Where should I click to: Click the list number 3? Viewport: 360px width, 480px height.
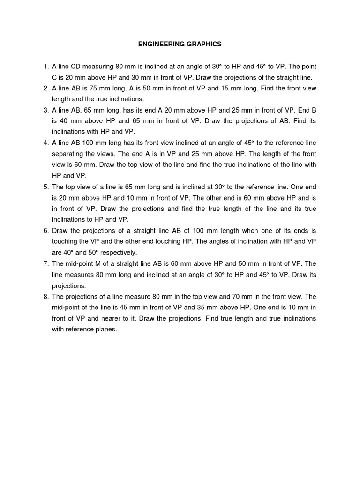(46, 110)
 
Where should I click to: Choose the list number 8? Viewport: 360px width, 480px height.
(46, 297)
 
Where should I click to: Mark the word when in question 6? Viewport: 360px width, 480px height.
(255, 231)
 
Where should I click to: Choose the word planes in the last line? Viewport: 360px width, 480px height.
(105, 330)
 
